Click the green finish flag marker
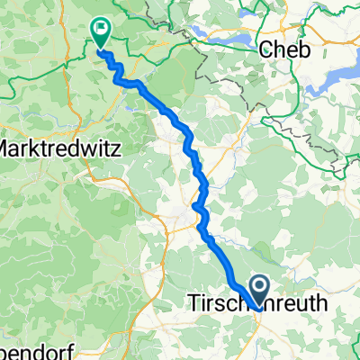pyautogui.click(x=100, y=34)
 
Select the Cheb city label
pyautogui.click(x=283, y=51)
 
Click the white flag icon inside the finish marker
pyautogui.click(x=100, y=31)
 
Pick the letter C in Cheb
pyautogui.click(x=265, y=51)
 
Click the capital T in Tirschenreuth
pyautogui.click(x=192, y=305)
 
